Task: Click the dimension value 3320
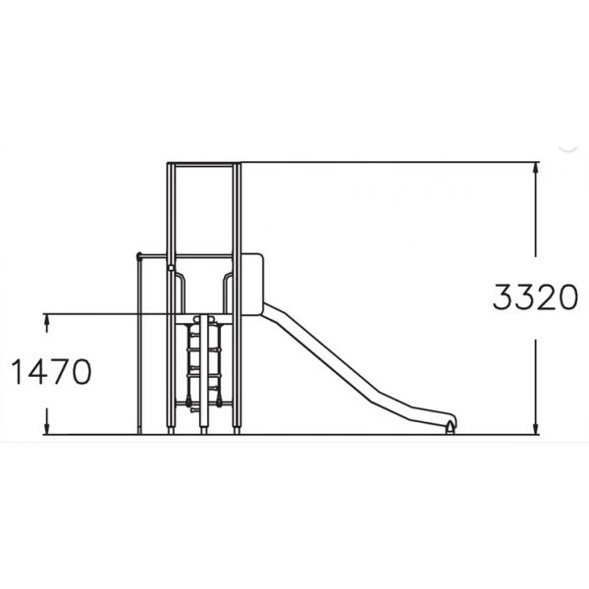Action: [x=535, y=297]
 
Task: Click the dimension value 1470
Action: [x=51, y=371]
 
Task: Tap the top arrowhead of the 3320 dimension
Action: [x=536, y=167]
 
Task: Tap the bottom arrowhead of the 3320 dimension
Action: [x=536, y=429]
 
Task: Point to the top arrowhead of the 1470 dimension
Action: [x=47, y=318]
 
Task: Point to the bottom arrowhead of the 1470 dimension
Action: [x=47, y=429]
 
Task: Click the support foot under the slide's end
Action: [x=450, y=428]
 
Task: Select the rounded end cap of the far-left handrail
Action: [x=138, y=256]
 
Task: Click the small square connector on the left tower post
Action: [x=171, y=267]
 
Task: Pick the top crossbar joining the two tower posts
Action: [x=203, y=165]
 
